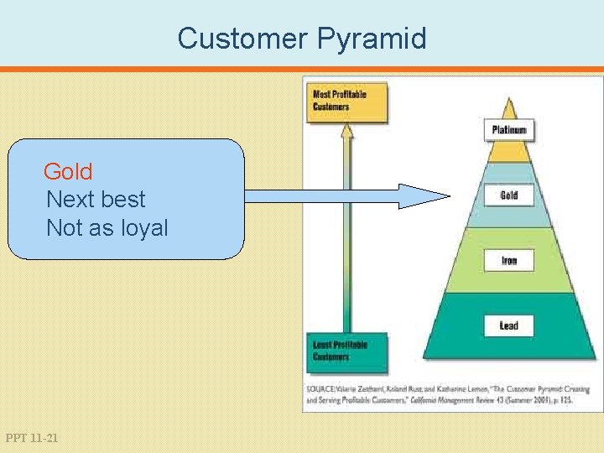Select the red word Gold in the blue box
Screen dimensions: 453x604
point(68,172)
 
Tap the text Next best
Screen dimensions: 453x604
point(96,200)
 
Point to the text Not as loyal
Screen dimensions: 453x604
point(107,228)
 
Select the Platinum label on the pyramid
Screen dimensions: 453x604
point(508,130)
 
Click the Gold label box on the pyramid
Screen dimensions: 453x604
point(508,195)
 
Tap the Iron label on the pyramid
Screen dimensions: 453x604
point(508,261)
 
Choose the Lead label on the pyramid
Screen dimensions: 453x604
point(508,325)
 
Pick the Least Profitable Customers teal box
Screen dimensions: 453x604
point(347,351)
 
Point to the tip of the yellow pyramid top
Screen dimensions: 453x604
point(509,99)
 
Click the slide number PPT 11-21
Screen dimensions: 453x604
point(32,438)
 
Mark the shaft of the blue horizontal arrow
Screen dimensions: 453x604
point(319,196)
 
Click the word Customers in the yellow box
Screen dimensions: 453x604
point(331,107)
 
